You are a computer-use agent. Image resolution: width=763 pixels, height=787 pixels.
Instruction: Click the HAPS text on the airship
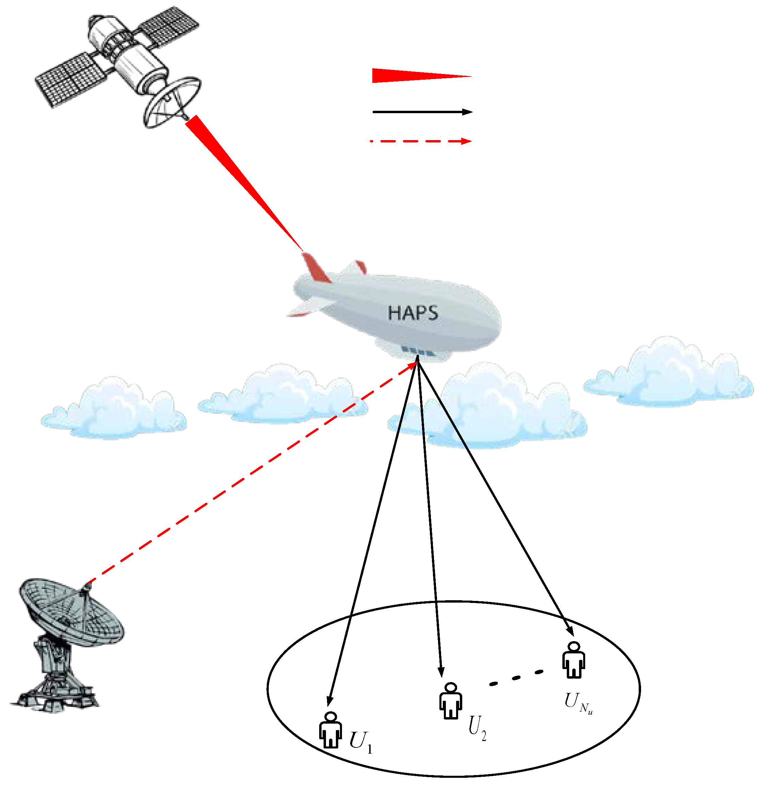412,313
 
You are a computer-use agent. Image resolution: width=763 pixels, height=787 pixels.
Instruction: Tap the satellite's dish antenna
172,102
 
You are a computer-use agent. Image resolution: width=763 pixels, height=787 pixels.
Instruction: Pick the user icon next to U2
450,701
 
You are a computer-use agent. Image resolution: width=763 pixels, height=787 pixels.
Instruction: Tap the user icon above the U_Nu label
574,661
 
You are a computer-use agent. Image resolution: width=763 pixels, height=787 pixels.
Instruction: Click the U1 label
361,741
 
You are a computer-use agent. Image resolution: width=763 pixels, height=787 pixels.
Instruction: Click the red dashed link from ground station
249,474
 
